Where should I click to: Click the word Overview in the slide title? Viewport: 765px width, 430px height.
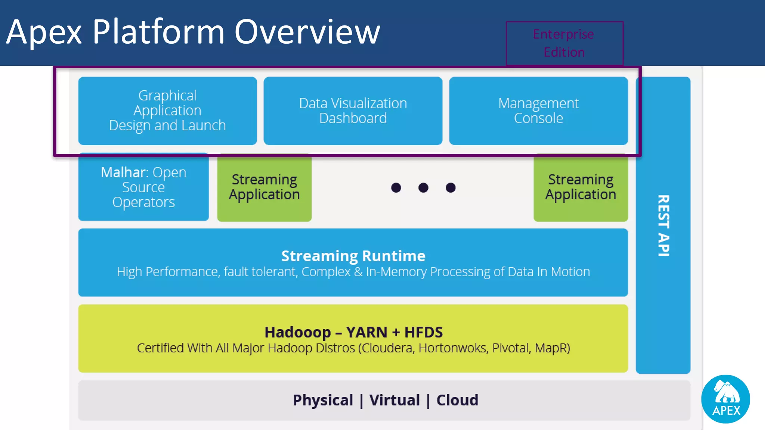(307, 32)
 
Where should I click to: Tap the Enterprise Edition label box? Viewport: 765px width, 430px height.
(564, 43)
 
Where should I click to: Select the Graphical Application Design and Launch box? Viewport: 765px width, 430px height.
(167, 110)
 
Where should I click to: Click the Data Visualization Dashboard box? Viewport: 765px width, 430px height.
(353, 110)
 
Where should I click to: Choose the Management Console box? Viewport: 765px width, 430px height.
(538, 110)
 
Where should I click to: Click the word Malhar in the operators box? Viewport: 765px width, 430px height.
(124, 172)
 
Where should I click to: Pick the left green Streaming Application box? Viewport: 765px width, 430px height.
(264, 187)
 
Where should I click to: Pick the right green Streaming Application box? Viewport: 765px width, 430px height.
(580, 187)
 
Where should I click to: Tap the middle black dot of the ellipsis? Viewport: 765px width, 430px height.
(423, 188)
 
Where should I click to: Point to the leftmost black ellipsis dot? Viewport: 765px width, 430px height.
(396, 188)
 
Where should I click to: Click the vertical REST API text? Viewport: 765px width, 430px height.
(663, 225)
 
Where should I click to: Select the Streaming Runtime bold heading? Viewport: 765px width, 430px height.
(353, 256)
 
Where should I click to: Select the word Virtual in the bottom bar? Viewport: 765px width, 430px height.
(394, 400)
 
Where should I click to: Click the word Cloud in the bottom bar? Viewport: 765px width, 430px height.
(457, 400)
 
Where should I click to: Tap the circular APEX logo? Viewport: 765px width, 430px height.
(725, 399)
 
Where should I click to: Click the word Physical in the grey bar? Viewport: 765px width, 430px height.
(323, 400)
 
